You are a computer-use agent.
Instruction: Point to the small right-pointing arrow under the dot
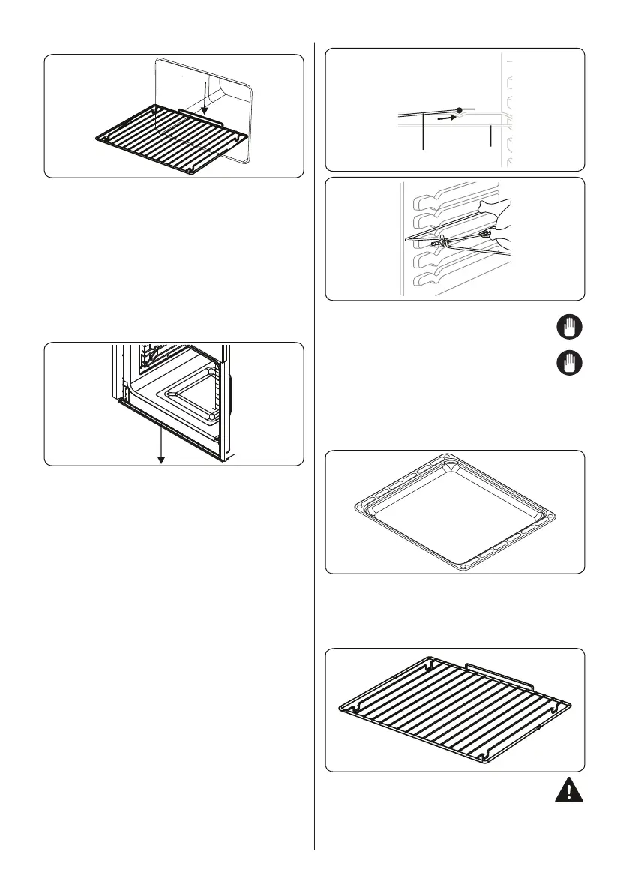(445, 118)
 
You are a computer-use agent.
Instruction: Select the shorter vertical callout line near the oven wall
(489, 139)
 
